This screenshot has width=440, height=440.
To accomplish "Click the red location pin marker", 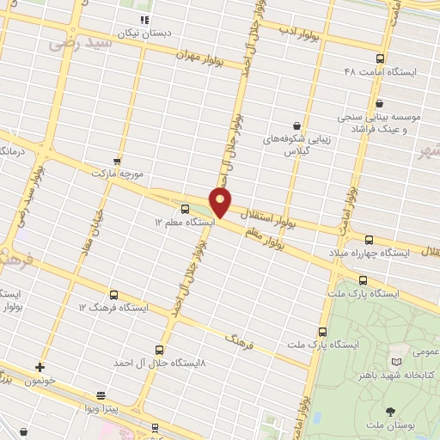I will tap(221, 202).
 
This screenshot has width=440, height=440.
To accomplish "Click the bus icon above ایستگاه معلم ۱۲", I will tap(185, 209).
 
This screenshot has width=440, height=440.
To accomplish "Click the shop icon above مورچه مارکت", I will tap(117, 161).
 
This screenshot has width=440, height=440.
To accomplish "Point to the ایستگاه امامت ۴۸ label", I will tap(379, 72).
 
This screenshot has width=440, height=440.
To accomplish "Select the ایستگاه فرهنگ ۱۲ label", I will tap(113, 307).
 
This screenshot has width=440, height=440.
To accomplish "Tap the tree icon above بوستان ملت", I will tap(392, 412).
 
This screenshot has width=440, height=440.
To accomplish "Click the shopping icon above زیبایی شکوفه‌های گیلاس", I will tap(297, 125).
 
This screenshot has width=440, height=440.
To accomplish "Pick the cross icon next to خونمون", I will tap(40, 367).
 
